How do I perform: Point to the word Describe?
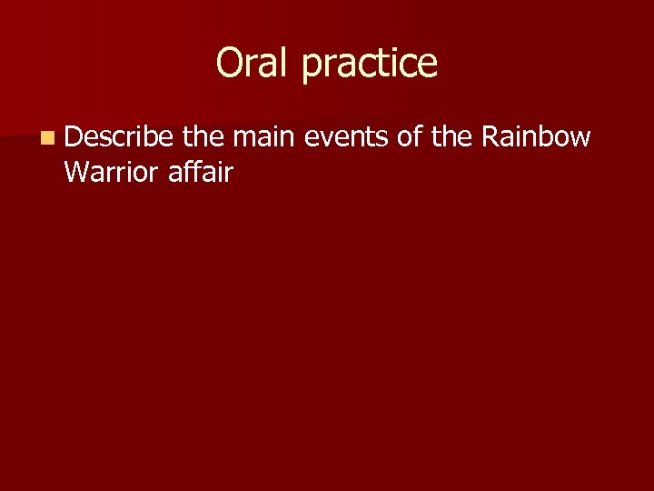pos(118,136)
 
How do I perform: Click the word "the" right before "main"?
pos(203,136)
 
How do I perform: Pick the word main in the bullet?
pos(263,136)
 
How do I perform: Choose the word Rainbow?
pos(536,136)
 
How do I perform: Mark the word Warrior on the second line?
pos(113,170)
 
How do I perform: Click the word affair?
pos(201,170)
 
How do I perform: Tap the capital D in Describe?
pos(74,136)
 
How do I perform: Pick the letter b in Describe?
pos(150,136)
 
